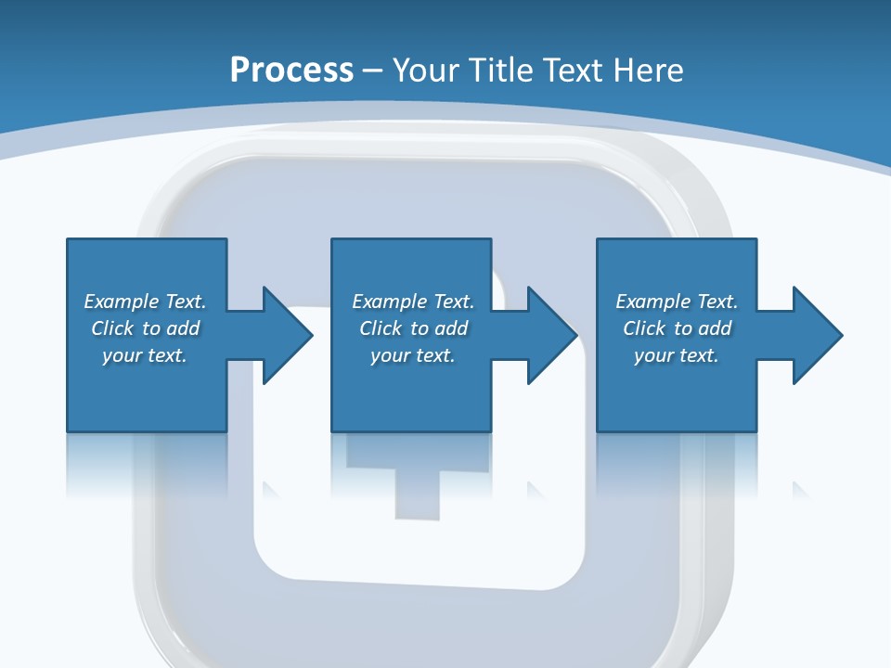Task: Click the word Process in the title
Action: (x=291, y=70)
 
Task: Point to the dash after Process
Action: (x=373, y=71)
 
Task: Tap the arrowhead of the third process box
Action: (x=816, y=335)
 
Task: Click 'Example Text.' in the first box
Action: (x=145, y=302)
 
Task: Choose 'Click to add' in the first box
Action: (x=145, y=328)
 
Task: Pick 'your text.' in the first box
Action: (x=145, y=355)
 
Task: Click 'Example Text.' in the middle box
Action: (x=413, y=302)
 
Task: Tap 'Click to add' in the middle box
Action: (x=413, y=328)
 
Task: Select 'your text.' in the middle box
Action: (x=413, y=355)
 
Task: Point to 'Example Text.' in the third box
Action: (x=677, y=302)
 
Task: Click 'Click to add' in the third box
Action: (x=677, y=328)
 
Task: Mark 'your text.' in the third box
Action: (x=677, y=355)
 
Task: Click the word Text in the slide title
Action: (x=574, y=70)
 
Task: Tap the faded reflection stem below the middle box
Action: (x=416, y=492)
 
